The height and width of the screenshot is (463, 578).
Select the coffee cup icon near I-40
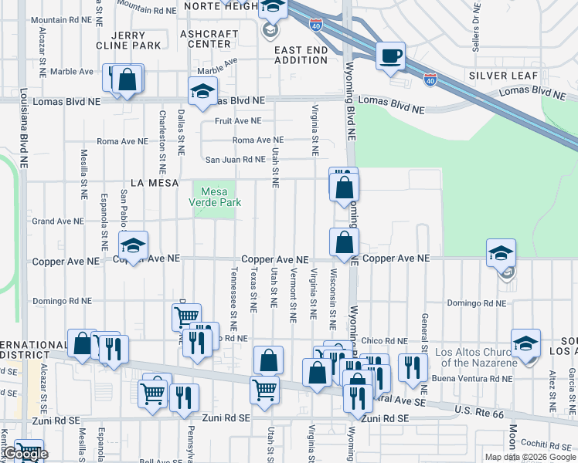391,56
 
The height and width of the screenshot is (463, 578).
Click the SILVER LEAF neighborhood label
502,76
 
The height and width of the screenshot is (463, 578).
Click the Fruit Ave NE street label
238,121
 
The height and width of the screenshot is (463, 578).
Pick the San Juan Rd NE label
235,160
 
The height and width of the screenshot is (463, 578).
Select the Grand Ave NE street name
57,221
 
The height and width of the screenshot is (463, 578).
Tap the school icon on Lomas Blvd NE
202,91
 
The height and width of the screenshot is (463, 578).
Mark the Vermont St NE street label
294,295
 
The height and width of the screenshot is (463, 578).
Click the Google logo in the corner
25,455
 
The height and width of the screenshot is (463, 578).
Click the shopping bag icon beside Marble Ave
129,79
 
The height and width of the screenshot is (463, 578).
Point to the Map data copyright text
529,457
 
